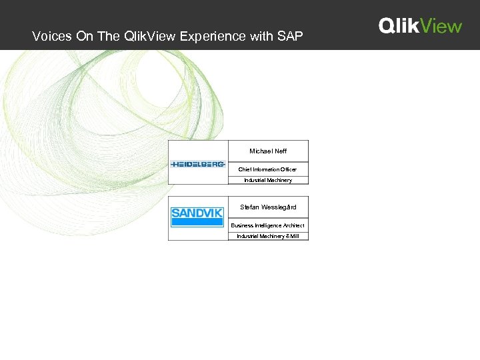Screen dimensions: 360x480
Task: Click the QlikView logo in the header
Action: (420, 26)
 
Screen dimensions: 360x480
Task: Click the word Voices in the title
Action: (51, 37)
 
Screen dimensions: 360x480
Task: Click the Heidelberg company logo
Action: (198, 164)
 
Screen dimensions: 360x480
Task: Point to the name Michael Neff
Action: (268, 151)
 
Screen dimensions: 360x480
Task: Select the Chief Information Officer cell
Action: (268, 169)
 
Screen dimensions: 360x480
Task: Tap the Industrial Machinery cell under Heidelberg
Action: (268, 180)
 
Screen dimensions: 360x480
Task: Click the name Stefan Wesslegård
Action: (268, 207)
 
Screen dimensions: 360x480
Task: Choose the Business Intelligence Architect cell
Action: (268, 225)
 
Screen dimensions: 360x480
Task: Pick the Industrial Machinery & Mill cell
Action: (268, 236)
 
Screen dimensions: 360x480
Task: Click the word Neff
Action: (280, 151)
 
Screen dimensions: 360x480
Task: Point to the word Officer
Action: (287, 169)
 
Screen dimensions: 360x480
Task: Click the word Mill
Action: (294, 236)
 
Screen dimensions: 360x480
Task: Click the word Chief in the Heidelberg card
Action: (245, 169)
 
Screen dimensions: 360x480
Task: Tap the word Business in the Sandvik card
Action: (242, 225)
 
